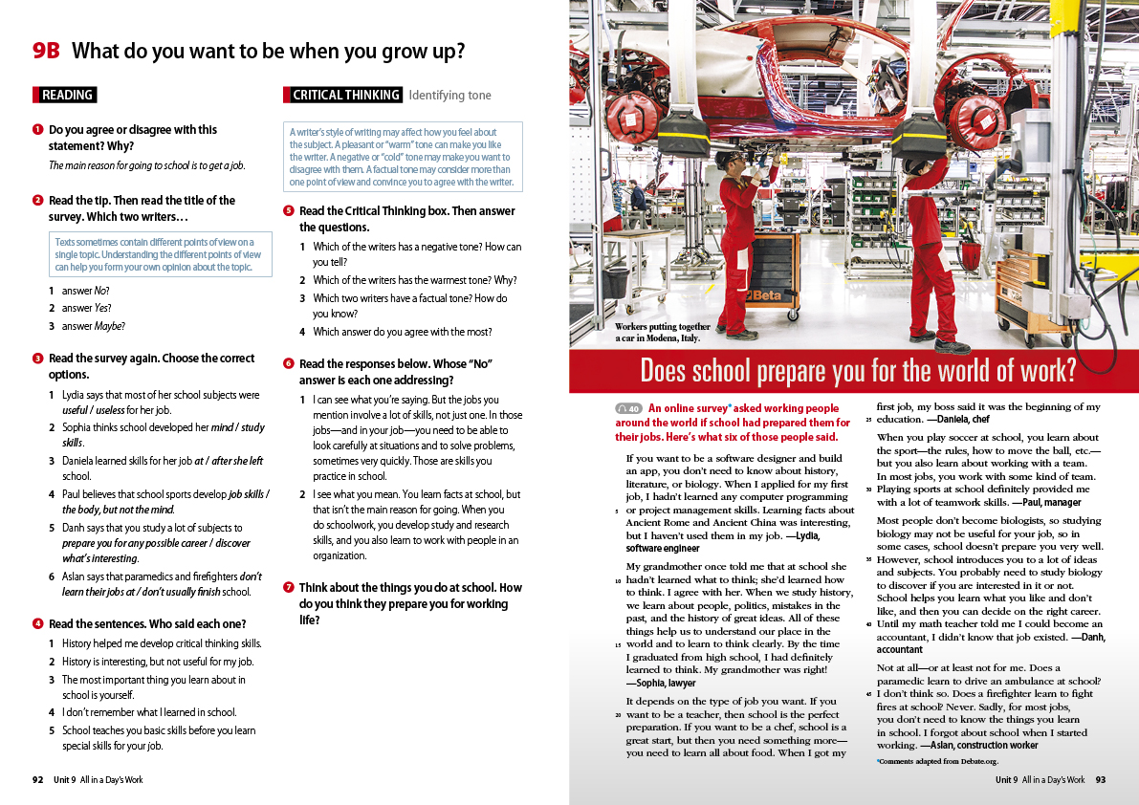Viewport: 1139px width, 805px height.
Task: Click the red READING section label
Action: click(65, 95)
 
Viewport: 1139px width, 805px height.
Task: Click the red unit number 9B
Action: click(45, 51)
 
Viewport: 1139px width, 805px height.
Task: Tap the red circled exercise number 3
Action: click(37, 359)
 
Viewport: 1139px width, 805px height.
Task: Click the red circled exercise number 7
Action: click(288, 587)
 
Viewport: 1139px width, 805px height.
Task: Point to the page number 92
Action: click(38, 780)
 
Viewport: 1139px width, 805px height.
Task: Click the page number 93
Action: click(1100, 780)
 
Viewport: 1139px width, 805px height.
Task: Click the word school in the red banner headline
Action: click(726, 370)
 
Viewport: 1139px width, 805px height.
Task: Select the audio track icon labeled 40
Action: click(628, 409)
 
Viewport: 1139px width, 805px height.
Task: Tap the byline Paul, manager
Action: click(1038, 502)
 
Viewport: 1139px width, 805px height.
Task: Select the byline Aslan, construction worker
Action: click(978, 745)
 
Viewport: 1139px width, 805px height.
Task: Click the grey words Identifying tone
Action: click(449, 95)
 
